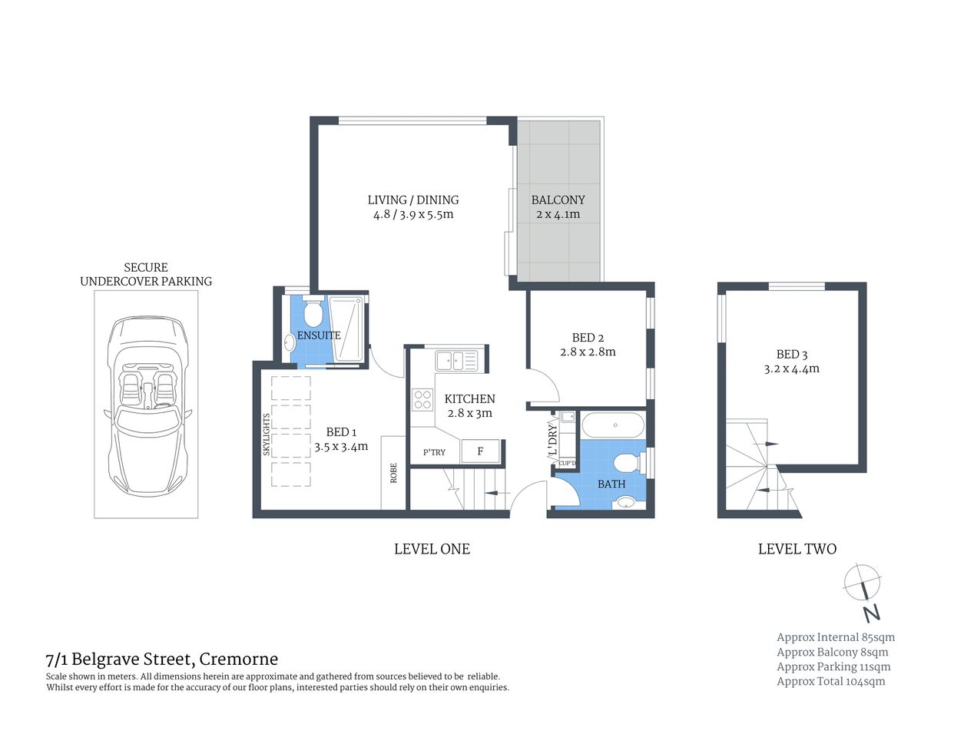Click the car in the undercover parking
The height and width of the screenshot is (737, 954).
click(x=146, y=405)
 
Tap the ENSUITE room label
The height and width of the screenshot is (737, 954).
click(x=319, y=335)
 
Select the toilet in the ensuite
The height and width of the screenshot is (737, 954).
click(x=313, y=313)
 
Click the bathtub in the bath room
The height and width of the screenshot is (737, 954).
click(x=613, y=425)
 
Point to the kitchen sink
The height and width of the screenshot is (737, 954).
click(x=455, y=360)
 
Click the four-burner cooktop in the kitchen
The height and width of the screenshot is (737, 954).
click(x=422, y=399)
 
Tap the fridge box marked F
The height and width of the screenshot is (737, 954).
click(x=481, y=451)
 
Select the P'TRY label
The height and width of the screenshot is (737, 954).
click(x=434, y=452)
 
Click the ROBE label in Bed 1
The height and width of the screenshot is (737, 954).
click(x=393, y=472)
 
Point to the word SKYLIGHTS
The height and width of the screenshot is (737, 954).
click(x=267, y=435)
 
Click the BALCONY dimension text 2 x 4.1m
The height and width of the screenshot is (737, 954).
click(x=558, y=214)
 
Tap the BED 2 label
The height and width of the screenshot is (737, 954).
click(x=588, y=338)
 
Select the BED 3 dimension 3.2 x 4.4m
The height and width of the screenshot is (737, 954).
click(x=791, y=368)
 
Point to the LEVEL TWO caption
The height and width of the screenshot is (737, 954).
click(x=797, y=549)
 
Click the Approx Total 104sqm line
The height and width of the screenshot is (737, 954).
click(x=830, y=681)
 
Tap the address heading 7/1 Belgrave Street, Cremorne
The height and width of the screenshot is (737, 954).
click(x=161, y=659)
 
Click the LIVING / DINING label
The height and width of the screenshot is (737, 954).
click(x=412, y=200)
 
